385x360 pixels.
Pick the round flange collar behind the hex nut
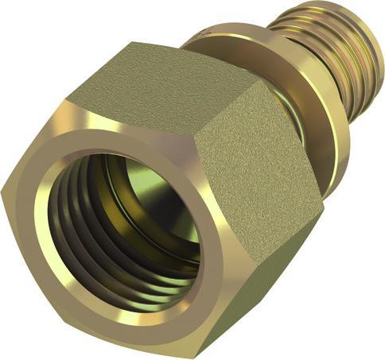tap(318, 119)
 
